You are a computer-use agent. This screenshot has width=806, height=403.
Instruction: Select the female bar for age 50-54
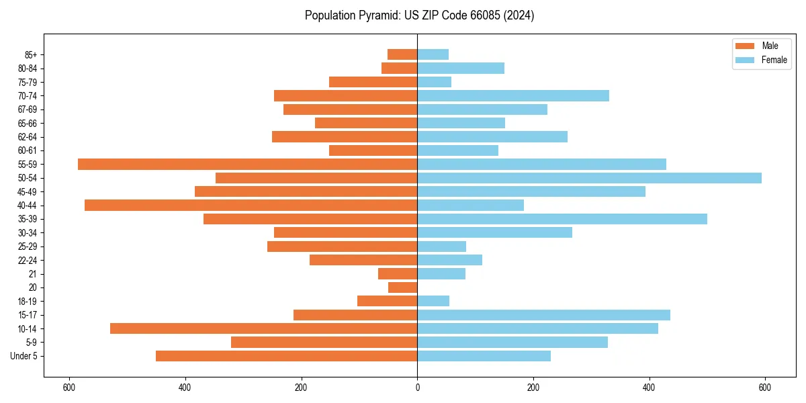[589, 178]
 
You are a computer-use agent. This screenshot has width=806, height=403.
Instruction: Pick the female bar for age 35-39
[562, 219]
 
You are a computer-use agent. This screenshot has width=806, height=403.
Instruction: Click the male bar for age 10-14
[263, 328]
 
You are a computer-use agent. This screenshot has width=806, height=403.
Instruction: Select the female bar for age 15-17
[543, 315]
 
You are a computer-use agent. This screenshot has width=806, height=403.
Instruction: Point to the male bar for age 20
[403, 287]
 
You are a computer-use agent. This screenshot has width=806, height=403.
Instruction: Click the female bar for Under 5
[484, 356]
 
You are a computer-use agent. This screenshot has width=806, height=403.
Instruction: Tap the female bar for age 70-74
[513, 95]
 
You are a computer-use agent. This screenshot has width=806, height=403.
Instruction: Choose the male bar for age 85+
[402, 54]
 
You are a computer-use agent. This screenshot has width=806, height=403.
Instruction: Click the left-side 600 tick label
[69, 388]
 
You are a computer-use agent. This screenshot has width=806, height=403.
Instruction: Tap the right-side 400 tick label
[649, 388]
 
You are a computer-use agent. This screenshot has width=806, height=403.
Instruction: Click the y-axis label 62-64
[28, 137]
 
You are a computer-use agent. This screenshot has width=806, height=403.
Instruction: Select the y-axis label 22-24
[28, 260]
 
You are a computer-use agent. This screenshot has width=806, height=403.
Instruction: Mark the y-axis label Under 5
[24, 356]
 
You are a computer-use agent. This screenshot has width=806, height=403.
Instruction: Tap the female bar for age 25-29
[441, 247]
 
